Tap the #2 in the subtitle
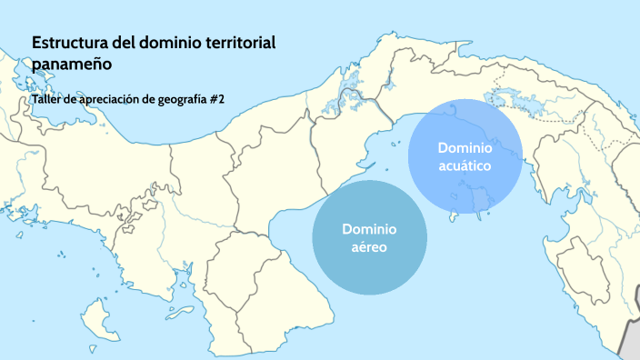coord(216,99)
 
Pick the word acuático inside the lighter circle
coord(465,166)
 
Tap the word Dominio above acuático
coord(465,147)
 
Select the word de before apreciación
coord(68,99)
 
